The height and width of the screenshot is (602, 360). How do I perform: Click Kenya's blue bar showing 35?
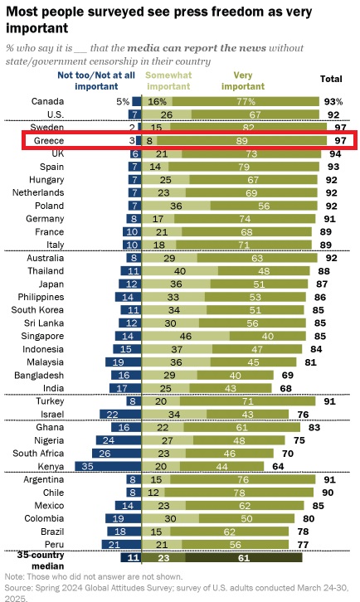108,466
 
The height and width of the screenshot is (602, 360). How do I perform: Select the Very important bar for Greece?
241,140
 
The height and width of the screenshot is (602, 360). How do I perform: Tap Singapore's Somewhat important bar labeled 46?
186,337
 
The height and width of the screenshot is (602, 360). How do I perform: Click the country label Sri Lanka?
44,323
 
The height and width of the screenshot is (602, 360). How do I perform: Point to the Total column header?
331,79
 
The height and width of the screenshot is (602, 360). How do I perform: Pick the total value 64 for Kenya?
278,466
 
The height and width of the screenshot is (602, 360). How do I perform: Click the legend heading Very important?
243,80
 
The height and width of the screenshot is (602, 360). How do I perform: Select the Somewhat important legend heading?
168,80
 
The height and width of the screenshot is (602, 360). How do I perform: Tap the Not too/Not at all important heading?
96,80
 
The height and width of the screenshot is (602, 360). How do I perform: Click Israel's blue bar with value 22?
120,415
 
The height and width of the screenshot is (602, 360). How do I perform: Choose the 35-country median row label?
41,561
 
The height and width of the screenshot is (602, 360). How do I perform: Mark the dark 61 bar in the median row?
244,557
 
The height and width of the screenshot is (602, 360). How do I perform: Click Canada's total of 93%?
333,101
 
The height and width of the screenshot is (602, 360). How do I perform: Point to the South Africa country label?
38,453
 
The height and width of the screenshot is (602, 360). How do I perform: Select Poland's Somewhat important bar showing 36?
177,206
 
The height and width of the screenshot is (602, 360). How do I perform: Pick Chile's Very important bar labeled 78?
239,493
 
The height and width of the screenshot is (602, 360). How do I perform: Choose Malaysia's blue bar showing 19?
124,362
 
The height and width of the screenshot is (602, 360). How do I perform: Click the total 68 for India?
286,388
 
